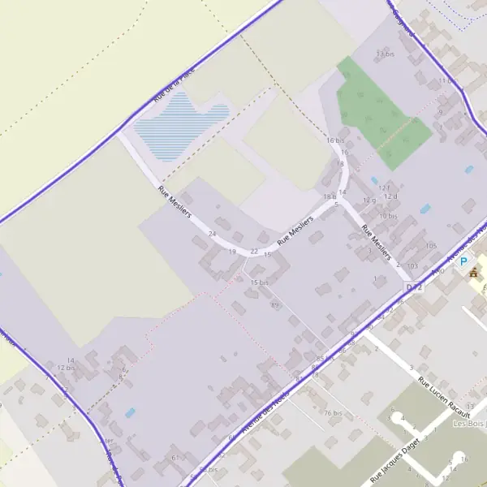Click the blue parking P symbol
pos(464,261)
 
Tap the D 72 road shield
pos(415,287)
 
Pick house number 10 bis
pos(388,216)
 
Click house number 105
pos(430,245)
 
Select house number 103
pos(413,266)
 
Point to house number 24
pos(213,234)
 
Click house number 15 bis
pos(259,282)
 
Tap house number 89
pos(274,304)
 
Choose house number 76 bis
pos(333,412)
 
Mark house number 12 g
pos(369,200)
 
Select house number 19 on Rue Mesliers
pos(232,252)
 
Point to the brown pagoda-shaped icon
pos(473,272)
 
